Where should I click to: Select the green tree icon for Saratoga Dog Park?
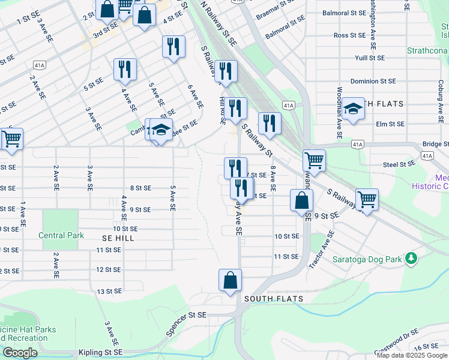[x=411, y=259]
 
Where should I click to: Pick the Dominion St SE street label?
[x=373, y=81]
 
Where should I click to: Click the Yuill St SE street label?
[x=370, y=58]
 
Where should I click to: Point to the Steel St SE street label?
[x=400, y=164]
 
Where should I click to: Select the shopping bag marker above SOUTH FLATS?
[x=230, y=280]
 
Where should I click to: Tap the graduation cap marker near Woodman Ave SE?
[x=354, y=109]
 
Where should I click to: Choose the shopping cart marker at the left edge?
[x=11, y=139]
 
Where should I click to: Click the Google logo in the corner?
[x=20, y=353]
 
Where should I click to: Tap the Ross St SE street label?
[x=349, y=35]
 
